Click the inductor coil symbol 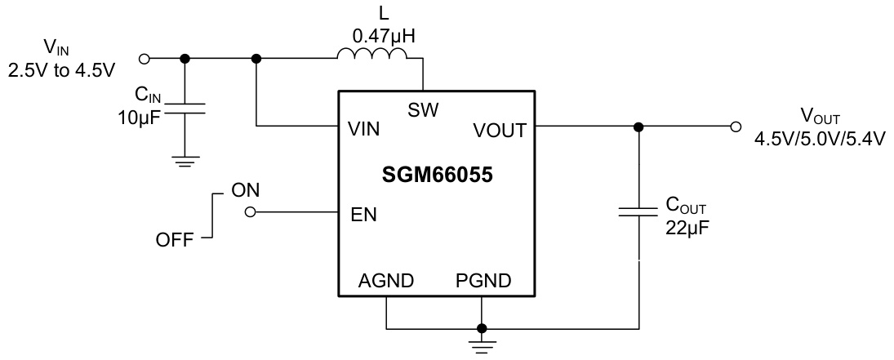click(x=371, y=55)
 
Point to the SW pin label click(x=423, y=109)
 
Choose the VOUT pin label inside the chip click(x=500, y=129)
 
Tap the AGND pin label click(x=386, y=281)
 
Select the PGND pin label click(x=483, y=281)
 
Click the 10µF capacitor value click(x=140, y=114)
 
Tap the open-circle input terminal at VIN click(x=145, y=59)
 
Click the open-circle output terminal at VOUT click(x=736, y=127)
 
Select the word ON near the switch click(x=246, y=190)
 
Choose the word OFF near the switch click(x=175, y=241)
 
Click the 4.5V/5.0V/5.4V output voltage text click(x=821, y=139)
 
